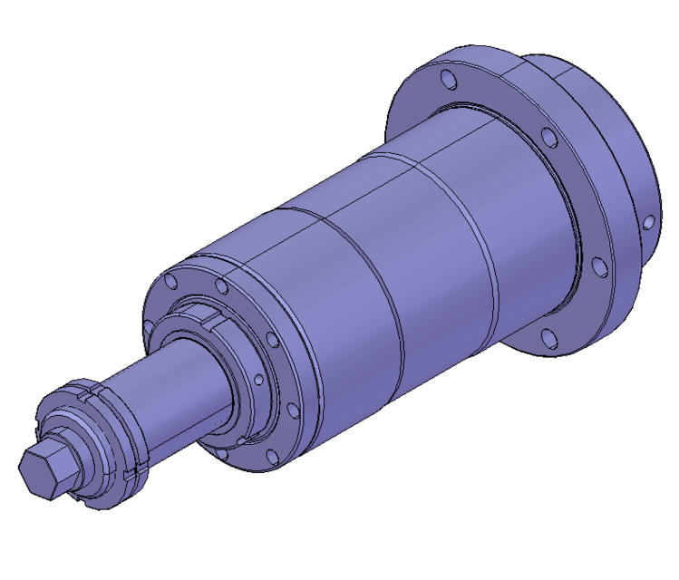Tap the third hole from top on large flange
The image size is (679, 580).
pyautogui.click(x=597, y=266)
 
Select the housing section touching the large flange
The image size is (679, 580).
pyautogui.click(x=526, y=227)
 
